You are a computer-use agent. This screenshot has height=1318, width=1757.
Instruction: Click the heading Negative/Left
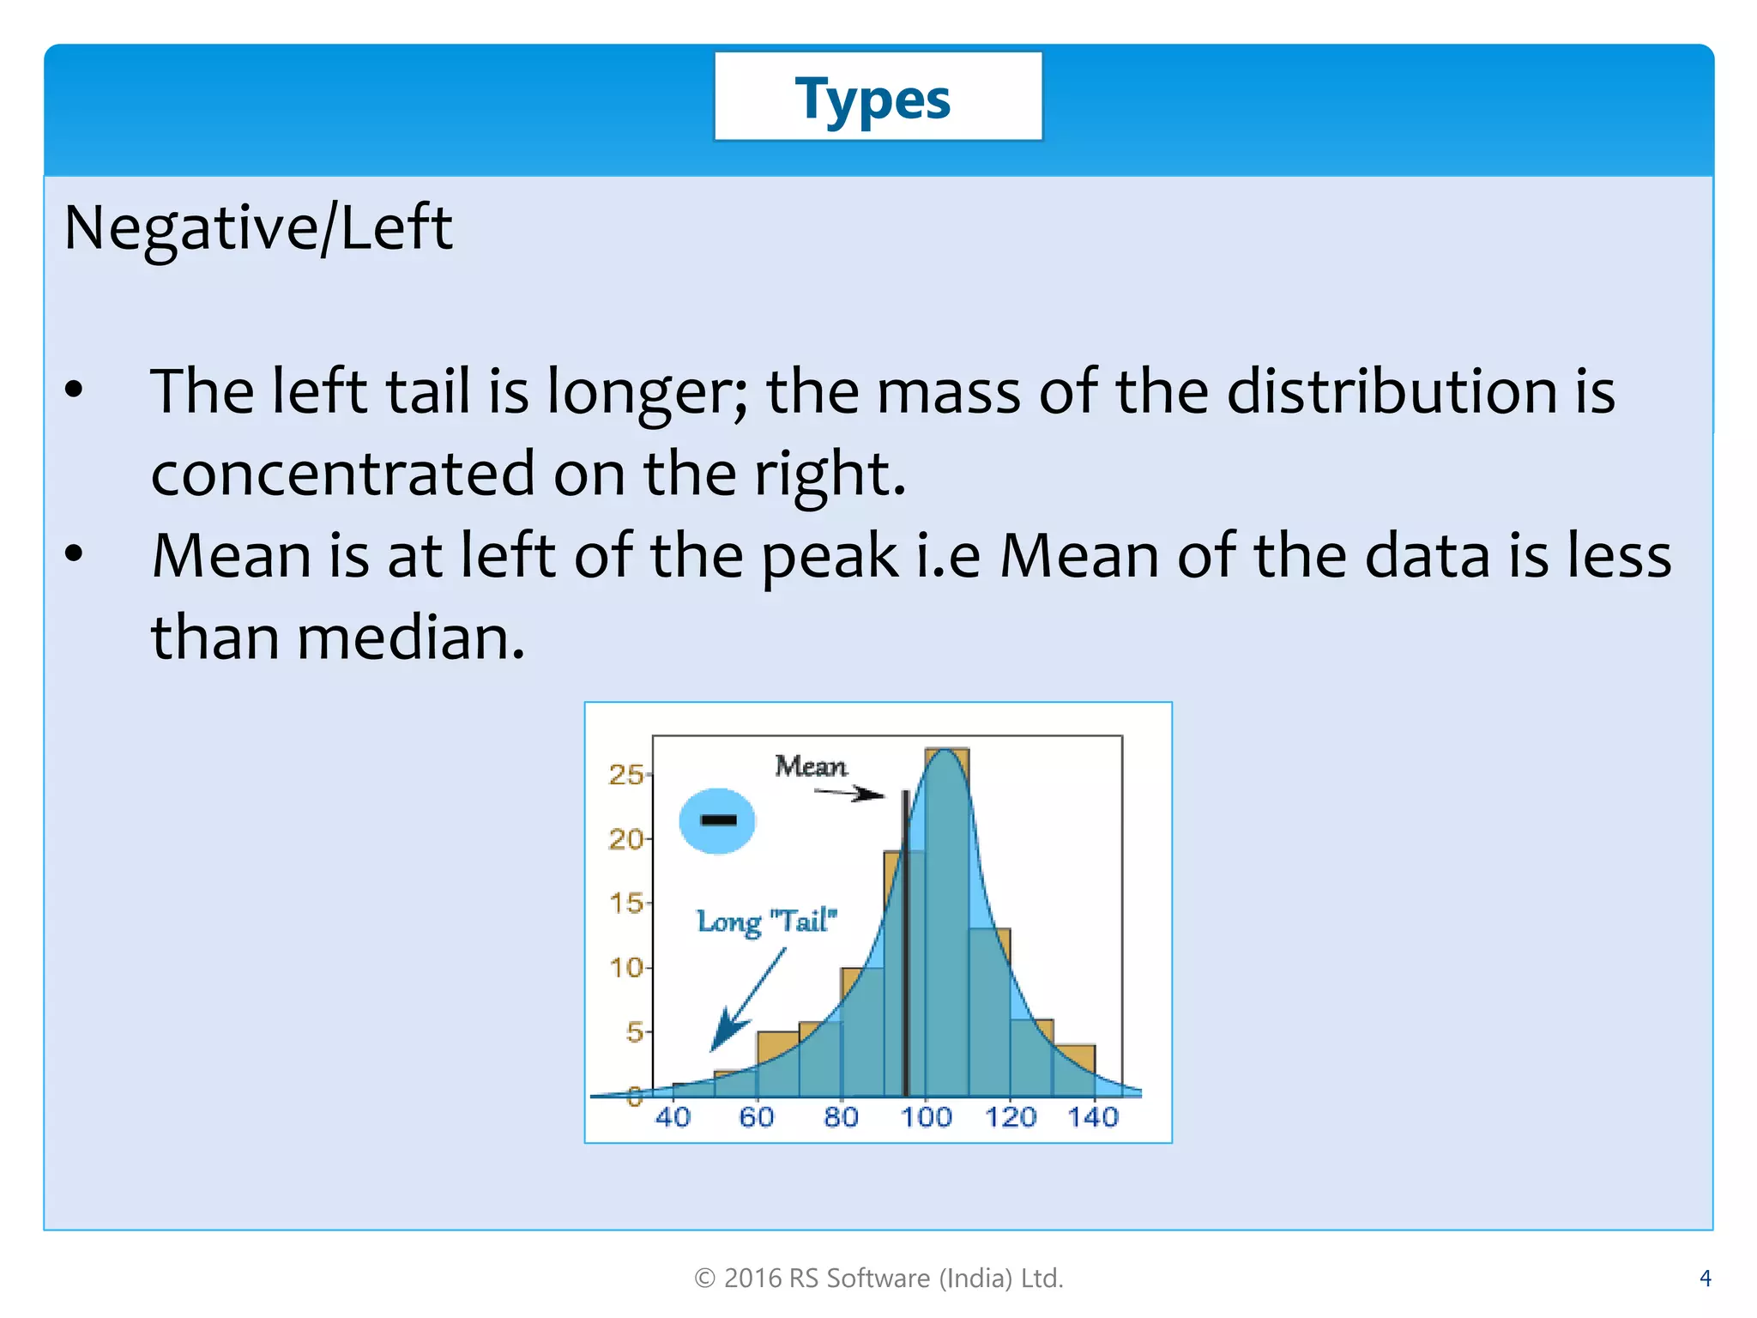(x=257, y=228)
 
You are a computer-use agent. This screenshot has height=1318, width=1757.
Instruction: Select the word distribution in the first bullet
(x=1391, y=392)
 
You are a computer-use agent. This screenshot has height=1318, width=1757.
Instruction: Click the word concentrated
(x=343, y=475)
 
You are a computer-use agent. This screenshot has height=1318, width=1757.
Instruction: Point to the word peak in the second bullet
(x=830, y=557)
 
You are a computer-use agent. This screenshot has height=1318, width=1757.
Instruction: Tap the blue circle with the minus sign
(x=717, y=820)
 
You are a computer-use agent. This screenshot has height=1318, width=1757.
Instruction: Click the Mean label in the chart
(x=810, y=765)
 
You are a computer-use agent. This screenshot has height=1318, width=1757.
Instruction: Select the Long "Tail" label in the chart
(x=766, y=922)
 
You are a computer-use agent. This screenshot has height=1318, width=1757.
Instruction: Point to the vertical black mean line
(x=905, y=944)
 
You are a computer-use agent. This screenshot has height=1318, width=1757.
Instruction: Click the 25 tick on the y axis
(x=625, y=775)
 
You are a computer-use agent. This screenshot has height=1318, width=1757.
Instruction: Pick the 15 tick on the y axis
(x=625, y=904)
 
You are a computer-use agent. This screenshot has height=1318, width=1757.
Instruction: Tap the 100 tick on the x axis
(x=926, y=1117)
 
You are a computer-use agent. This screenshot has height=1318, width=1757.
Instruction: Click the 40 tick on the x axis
(x=673, y=1117)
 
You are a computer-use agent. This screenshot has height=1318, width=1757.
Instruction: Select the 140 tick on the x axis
(x=1093, y=1117)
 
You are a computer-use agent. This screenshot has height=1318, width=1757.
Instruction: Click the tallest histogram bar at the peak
(x=946, y=927)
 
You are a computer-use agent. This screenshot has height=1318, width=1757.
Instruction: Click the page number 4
(x=1705, y=1279)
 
